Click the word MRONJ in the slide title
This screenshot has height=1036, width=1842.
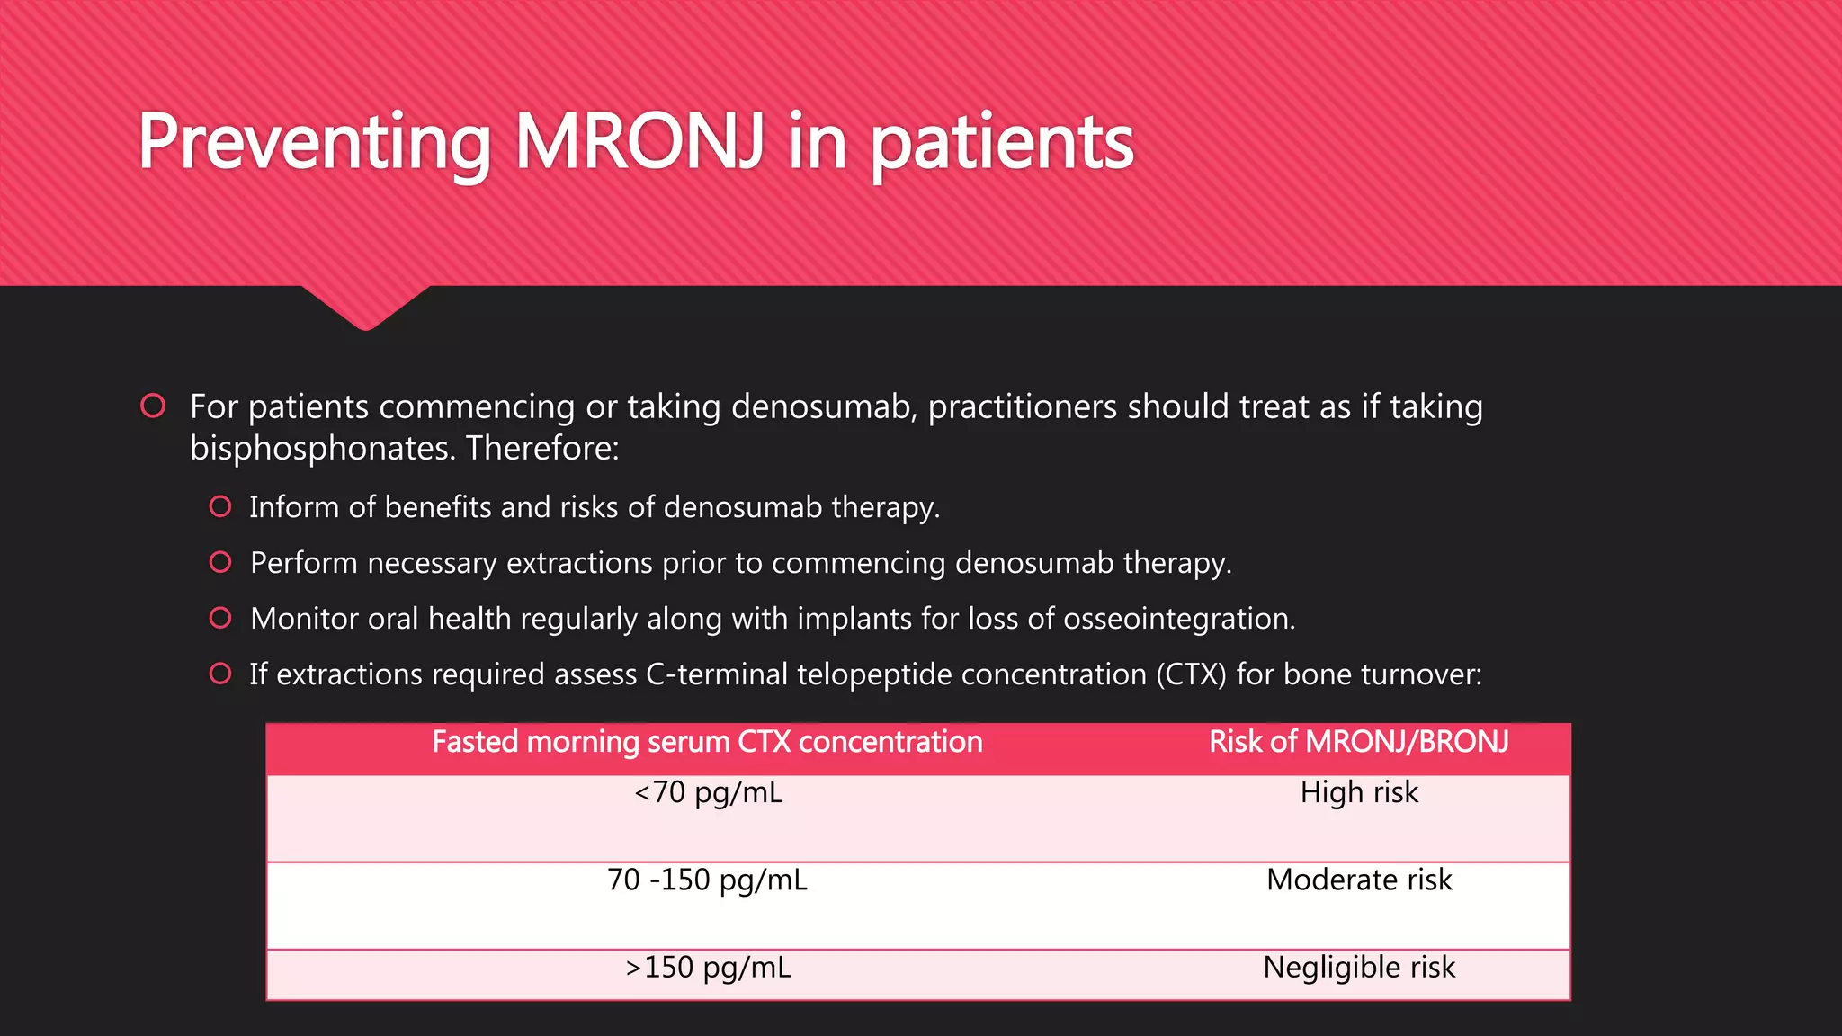coord(639,141)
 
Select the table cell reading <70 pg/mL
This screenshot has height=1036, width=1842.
coord(708,792)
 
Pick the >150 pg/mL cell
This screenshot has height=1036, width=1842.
coord(708,968)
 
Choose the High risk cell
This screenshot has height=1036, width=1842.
coord(1359,792)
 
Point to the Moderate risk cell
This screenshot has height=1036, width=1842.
coord(1359,880)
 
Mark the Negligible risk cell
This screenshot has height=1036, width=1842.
coord(1359,968)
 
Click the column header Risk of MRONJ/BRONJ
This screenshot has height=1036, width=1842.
coord(1359,742)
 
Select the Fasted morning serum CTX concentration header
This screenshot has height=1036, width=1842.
coord(707,742)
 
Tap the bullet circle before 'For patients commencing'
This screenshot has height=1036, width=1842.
coord(153,406)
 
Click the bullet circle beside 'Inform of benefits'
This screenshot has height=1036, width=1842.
coord(220,506)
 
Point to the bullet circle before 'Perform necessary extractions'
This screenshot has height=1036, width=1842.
coord(220,562)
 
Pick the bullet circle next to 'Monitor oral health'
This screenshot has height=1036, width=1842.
coord(220,618)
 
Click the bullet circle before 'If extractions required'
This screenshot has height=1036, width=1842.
coord(220,674)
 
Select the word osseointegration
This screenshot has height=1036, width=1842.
coord(1178,619)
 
